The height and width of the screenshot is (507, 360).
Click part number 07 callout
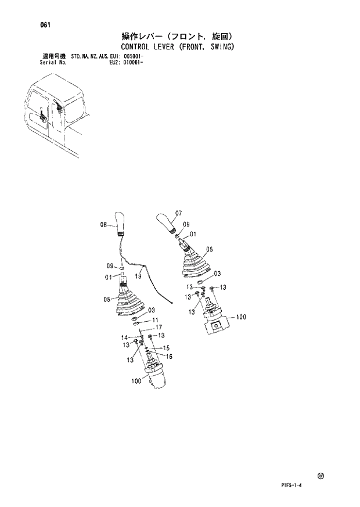(178, 213)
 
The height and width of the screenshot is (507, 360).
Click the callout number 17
(158, 328)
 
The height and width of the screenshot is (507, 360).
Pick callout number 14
(124, 337)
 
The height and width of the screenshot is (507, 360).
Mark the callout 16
(170, 356)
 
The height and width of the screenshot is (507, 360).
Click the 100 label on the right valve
(241, 318)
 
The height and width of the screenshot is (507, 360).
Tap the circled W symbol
(321, 477)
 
